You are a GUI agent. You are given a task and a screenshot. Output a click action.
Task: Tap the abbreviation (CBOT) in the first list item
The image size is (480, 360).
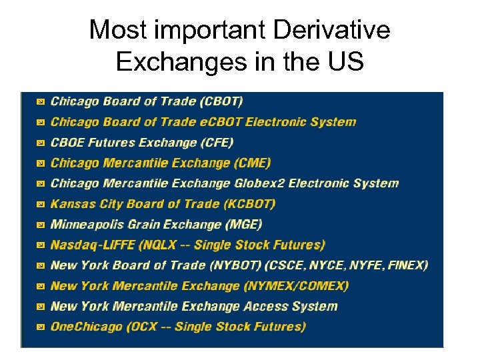(x=221, y=101)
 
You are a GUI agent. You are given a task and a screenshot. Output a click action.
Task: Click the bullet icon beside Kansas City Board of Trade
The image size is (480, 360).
(x=40, y=205)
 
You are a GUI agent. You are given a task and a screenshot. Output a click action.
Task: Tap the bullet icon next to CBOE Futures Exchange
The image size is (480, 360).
(x=40, y=143)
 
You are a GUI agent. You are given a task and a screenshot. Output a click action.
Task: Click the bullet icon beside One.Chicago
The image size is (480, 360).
(x=40, y=327)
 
